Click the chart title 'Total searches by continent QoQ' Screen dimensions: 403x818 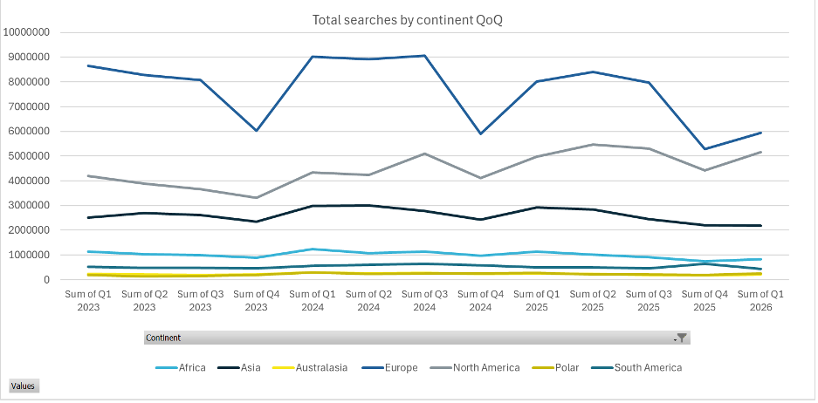407,19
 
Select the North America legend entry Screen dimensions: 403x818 485,367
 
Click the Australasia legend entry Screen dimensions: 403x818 320,367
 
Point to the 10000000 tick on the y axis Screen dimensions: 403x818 27,32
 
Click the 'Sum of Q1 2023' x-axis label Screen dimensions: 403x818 88,301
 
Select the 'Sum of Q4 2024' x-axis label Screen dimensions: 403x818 482,301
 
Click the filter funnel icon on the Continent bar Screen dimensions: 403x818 683,338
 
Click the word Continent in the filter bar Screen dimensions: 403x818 163,338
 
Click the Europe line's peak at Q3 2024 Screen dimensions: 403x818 425,56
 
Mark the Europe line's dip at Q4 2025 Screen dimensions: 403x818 705,149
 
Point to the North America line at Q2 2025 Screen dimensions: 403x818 594,145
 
